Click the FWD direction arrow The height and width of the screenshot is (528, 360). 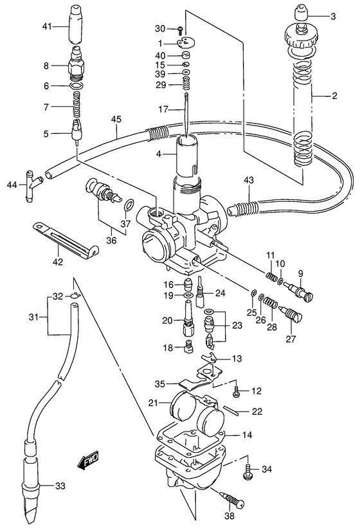[85, 460]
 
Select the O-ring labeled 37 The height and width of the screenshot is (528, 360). [129, 205]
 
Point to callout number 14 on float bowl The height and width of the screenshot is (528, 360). [248, 435]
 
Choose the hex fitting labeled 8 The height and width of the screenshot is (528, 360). [78, 66]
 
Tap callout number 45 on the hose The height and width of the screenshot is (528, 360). [116, 118]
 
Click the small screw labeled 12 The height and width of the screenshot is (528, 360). [236, 390]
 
